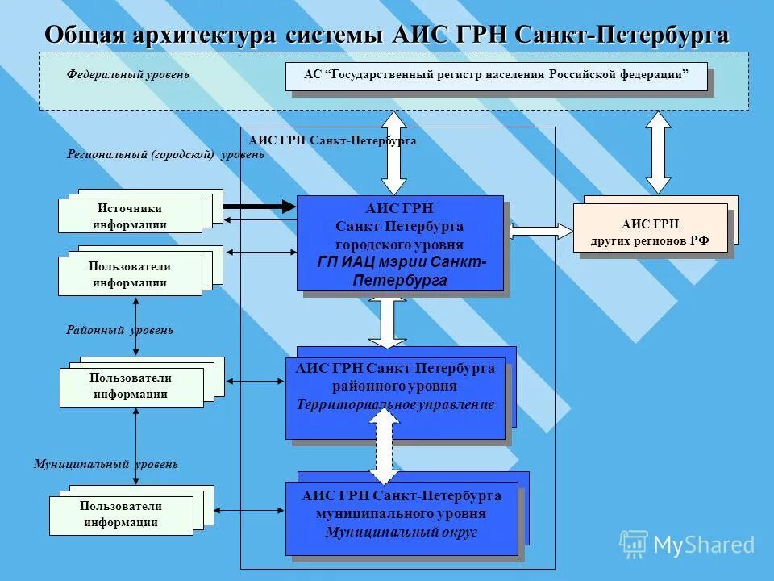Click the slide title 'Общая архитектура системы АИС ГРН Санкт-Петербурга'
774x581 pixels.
pyautogui.click(x=387, y=36)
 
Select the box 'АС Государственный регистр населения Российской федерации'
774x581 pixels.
pyautogui.click(x=496, y=76)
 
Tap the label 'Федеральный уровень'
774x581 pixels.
pyautogui.click(x=128, y=74)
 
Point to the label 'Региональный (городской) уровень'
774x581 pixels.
pyautogui.click(x=165, y=154)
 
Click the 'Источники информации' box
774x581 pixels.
pyautogui.click(x=130, y=216)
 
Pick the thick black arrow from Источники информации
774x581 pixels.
pyautogui.click(x=259, y=207)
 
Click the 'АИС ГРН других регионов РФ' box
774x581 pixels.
pyautogui.click(x=650, y=232)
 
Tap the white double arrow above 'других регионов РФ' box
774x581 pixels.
pyautogui.click(x=658, y=152)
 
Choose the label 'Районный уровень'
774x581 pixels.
pyautogui.click(x=119, y=330)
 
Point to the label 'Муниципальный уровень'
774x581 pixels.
pyautogui.click(x=106, y=464)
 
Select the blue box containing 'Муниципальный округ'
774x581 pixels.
pyautogui.click(x=402, y=518)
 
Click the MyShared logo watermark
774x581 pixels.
pyautogui.click(x=688, y=544)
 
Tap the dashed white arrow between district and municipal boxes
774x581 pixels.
pyautogui.click(x=385, y=447)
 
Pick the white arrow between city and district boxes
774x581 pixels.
pyautogui.click(x=388, y=322)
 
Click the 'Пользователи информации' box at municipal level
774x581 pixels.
pyautogui.click(x=121, y=515)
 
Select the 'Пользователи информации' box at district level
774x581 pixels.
pyautogui.click(x=131, y=387)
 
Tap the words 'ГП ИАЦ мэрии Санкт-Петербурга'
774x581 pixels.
pyautogui.click(x=401, y=271)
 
